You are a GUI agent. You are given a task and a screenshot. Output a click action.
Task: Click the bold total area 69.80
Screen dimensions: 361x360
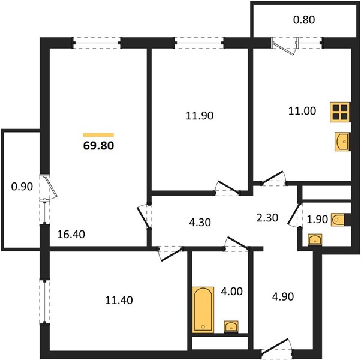98,146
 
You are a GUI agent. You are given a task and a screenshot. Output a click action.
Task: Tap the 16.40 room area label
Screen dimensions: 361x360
71,235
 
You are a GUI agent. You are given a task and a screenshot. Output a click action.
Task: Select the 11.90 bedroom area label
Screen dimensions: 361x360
200,116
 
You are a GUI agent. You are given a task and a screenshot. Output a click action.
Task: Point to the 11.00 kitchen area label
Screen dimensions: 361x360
302,111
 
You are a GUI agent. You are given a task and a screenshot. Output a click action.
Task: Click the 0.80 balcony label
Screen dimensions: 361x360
304,20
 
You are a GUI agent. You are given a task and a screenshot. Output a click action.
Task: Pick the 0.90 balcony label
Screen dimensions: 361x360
22,187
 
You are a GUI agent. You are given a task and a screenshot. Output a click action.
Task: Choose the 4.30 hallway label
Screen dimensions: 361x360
200,223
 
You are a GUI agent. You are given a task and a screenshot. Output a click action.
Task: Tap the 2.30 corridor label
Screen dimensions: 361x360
267,218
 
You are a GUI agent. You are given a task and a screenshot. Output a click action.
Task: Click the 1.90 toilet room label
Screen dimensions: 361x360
317,220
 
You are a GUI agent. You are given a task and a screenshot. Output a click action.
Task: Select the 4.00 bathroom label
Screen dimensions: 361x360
231,292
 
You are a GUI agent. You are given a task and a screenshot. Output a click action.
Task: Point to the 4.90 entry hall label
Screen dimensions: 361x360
283,296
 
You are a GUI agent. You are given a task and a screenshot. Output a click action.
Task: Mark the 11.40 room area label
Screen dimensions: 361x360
119,301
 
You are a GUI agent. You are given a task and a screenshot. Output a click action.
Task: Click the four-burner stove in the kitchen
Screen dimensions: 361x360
340,112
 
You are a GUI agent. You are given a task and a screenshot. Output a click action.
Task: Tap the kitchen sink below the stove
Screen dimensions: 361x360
342,142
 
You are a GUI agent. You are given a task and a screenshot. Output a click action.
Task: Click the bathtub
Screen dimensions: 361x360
203,310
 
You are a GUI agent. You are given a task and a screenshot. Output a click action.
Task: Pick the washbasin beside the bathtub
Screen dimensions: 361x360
231,326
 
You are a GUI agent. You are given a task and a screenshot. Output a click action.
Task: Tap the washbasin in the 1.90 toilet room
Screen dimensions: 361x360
315,240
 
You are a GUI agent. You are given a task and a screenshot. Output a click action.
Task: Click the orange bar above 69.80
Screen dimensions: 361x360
98,135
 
